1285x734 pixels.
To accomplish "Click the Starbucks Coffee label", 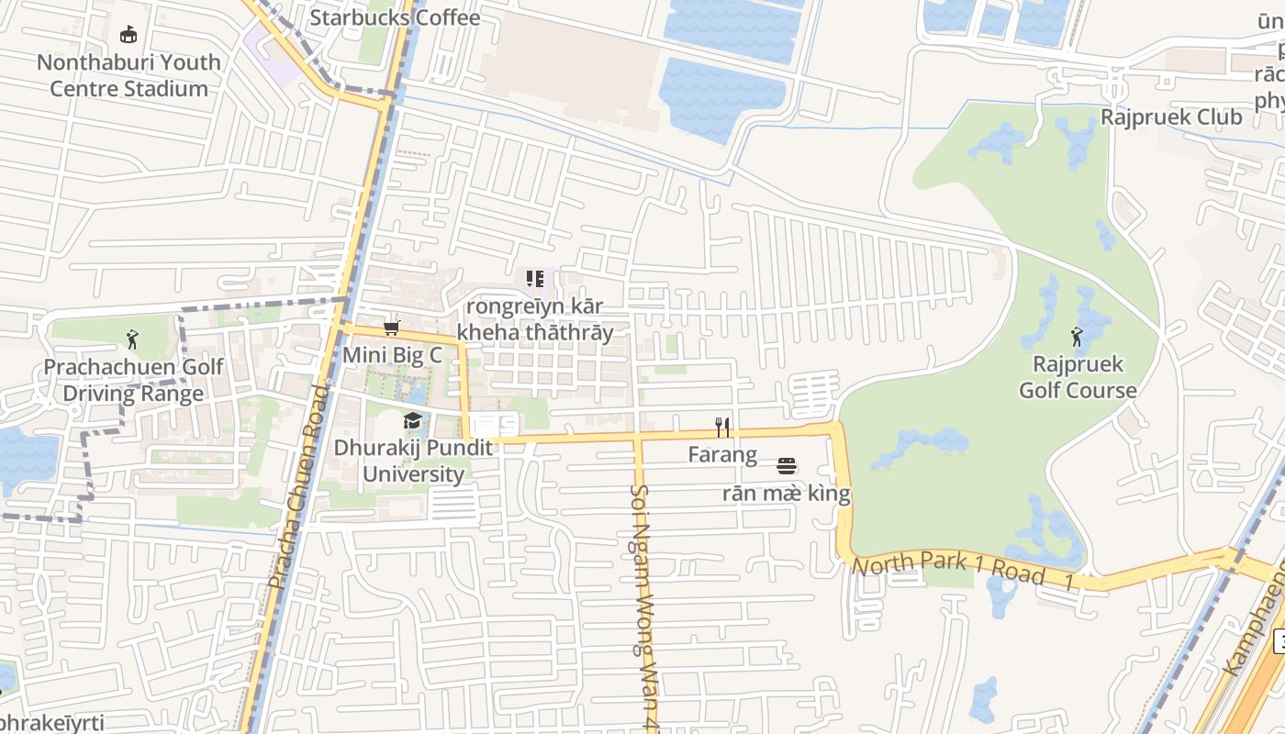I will click(395, 17).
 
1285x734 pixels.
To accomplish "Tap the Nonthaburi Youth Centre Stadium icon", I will click(128, 35).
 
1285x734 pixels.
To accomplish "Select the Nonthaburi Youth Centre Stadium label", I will click(128, 75).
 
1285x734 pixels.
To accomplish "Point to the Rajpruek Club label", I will click(1171, 117).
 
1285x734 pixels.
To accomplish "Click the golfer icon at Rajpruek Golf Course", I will click(1078, 336).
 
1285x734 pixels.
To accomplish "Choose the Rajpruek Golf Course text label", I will click(1078, 377).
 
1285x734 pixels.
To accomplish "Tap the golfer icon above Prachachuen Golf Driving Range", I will click(133, 339).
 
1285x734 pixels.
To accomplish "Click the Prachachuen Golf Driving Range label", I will click(133, 381).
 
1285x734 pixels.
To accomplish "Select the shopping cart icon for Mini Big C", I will click(392, 328).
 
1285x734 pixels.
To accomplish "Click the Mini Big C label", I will click(392, 355).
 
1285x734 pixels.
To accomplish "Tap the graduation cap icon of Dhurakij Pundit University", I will click(412, 421).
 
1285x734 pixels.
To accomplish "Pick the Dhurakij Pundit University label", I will click(413, 461).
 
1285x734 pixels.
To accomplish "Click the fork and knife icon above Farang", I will click(723, 428).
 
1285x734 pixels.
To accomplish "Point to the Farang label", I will click(723, 455).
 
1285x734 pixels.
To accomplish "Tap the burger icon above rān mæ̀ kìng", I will click(786, 466).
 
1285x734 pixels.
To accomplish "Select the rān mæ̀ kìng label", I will click(786, 494).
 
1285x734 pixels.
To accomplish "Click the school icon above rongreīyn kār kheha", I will click(534, 278).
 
